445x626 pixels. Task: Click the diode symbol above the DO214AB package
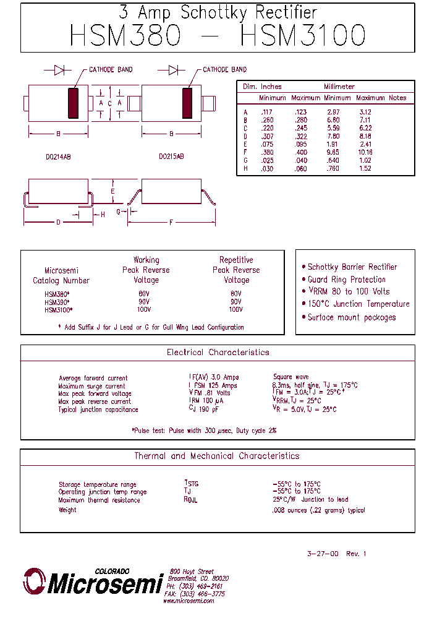click(59, 70)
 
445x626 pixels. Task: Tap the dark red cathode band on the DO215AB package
click(187, 103)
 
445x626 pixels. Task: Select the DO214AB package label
click(58, 157)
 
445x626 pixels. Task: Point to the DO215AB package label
click(171, 157)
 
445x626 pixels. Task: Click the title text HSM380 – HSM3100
click(218, 36)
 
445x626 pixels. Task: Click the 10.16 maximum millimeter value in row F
click(365, 152)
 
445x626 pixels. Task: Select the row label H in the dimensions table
click(245, 168)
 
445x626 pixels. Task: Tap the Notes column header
click(397, 98)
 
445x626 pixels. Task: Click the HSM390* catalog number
click(57, 302)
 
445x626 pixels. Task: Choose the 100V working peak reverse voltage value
click(144, 310)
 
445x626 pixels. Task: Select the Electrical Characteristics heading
click(218, 353)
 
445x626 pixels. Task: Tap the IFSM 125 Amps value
click(213, 385)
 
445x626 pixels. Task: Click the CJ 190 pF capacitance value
click(205, 409)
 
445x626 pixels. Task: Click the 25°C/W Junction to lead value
click(310, 500)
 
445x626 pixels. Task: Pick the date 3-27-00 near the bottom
click(323, 554)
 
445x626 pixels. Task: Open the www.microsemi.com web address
click(189, 601)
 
